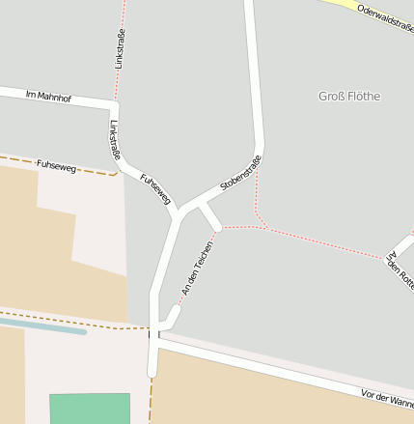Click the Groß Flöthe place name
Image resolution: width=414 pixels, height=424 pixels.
coord(349,97)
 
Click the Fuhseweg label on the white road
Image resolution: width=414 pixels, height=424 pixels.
coord(155,188)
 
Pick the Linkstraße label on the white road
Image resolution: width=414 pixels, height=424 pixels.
coord(116,140)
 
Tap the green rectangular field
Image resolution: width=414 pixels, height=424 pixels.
coord(90,408)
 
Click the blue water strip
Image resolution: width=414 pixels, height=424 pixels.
coord(43,326)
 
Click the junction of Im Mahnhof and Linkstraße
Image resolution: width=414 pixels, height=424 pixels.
coord(116,103)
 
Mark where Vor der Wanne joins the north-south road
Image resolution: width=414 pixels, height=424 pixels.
coord(154,337)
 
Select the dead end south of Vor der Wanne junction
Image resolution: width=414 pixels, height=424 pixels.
coord(152,373)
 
